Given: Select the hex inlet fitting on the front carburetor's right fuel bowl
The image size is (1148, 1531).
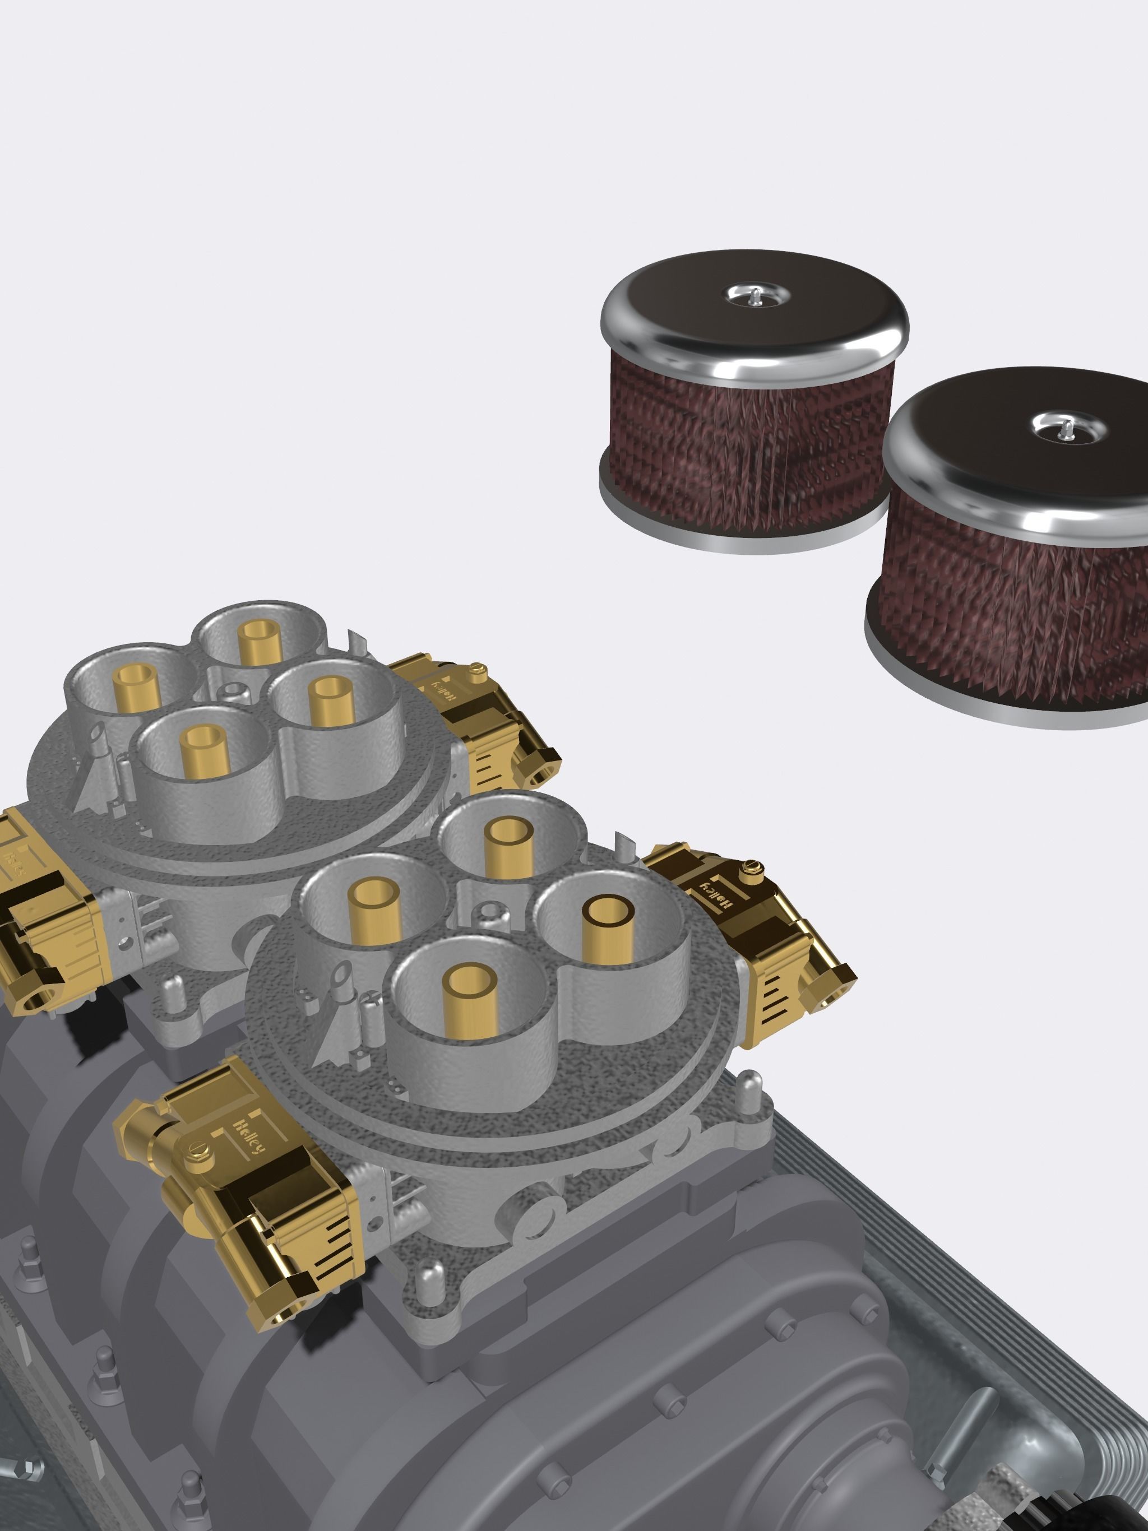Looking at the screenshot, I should pyautogui.click(x=834, y=981).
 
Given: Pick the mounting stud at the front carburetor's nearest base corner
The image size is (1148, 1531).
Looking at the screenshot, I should pyautogui.click(x=432, y=1272).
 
